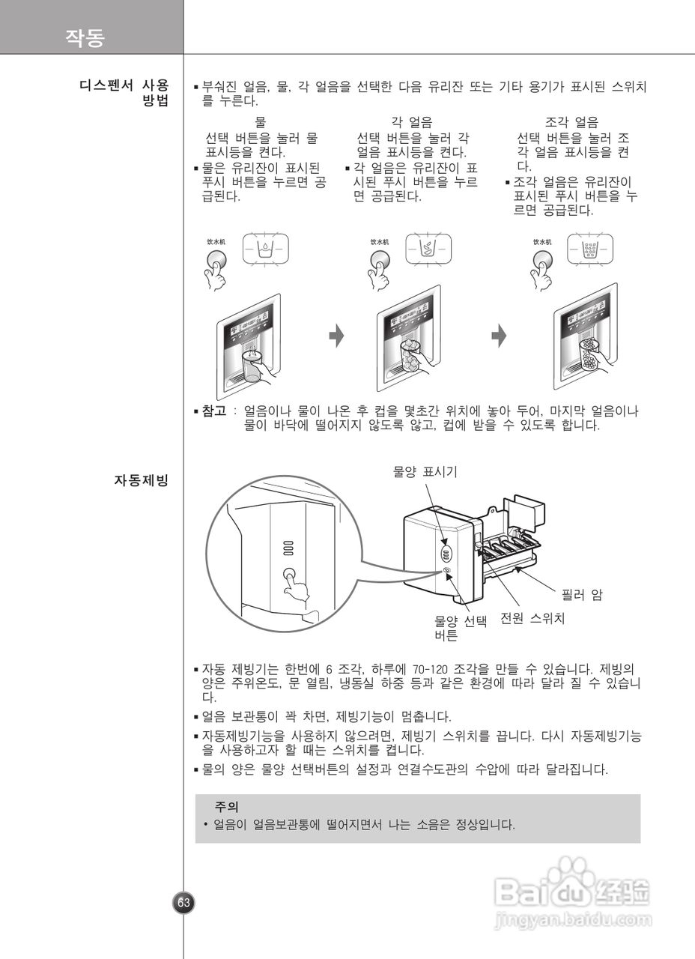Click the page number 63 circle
[x=183, y=903]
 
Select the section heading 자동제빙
[x=141, y=480]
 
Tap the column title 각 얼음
[x=411, y=122]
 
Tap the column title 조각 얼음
[x=571, y=122]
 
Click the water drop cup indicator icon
[x=265, y=248]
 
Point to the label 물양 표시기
[x=425, y=471]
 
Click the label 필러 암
[x=582, y=596]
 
